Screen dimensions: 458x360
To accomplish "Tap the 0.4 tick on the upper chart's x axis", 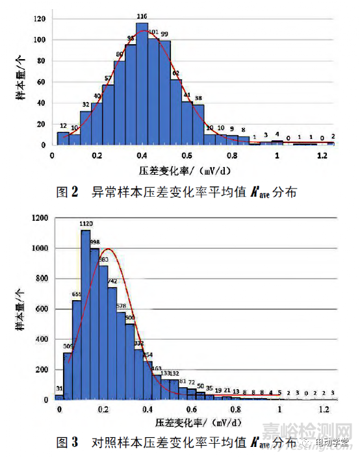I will [142, 157].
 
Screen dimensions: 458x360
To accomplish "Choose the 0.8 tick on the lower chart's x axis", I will [235, 411].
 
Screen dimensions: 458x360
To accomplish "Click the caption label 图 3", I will [68, 443].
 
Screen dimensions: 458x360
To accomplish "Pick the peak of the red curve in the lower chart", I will [108, 249].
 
